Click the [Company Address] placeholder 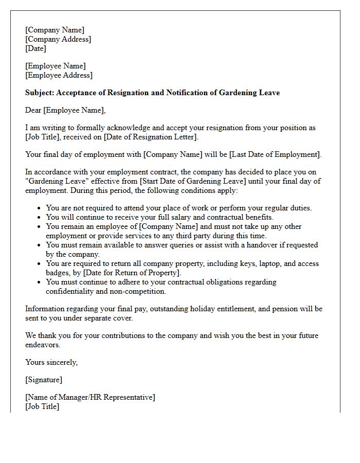coord(58,39)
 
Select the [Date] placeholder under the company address coord(35,48)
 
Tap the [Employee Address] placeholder coord(59,75)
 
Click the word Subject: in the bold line coord(40,93)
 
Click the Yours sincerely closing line coord(51,362)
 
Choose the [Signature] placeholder coord(44,380)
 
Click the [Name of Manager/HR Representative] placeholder coord(90,397)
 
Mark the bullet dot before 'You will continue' coord(40,218)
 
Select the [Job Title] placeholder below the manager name coord(42,406)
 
